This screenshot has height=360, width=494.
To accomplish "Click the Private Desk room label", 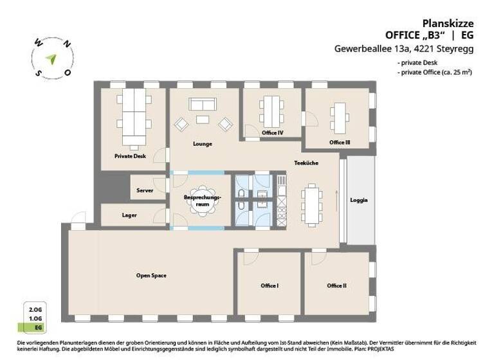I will click(130, 156).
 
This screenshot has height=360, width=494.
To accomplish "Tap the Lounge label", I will click(203, 144).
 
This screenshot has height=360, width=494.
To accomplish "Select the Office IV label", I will click(273, 133).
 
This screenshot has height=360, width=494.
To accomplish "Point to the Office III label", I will click(340, 142).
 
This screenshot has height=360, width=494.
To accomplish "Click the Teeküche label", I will click(306, 163).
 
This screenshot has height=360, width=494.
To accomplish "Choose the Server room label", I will click(145, 191).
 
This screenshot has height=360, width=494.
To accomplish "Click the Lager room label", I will click(129, 215).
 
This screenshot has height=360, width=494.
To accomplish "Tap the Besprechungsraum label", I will click(203, 199).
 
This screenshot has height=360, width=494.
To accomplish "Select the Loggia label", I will click(359, 200).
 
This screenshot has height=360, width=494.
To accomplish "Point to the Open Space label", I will click(151, 275).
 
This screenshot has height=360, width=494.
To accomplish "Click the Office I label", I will click(269, 285).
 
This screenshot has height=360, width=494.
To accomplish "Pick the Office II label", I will click(336, 285).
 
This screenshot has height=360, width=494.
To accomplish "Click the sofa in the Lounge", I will click(203, 104).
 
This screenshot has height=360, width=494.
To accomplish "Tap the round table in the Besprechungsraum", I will click(203, 206).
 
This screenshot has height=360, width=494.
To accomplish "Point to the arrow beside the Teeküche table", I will click(336, 198).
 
